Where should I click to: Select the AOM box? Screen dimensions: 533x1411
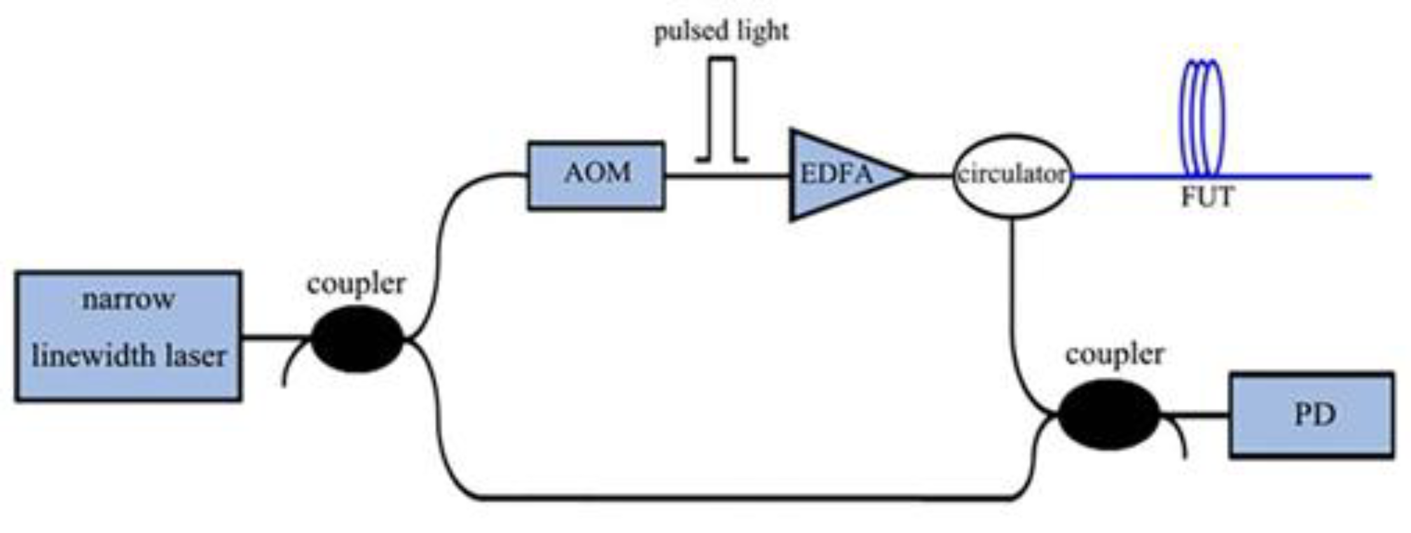(x=596, y=175)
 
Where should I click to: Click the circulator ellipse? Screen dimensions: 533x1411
(x=1012, y=175)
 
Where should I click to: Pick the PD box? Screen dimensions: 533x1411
(x=1312, y=415)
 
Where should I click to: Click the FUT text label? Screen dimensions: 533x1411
(x=1207, y=197)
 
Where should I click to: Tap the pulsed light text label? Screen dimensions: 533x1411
(x=721, y=31)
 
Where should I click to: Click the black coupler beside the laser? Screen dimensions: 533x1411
(x=357, y=338)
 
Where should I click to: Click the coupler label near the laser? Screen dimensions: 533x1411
(x=356, y=283)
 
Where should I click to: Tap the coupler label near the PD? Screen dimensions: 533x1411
(x=1115, y=354)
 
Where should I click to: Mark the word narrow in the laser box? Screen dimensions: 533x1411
(x=128, y=299)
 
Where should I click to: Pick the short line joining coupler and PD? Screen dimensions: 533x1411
(x=1195, y=415)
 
